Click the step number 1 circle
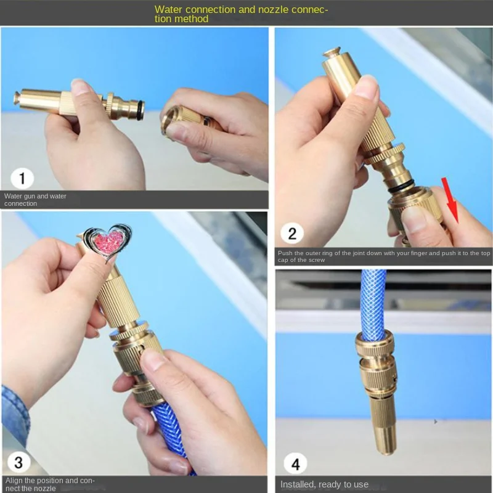(x=22, y=178)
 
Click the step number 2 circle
(x=291, y=234)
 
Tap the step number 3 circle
(x=18, y=462)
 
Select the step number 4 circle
(x=296, y=463)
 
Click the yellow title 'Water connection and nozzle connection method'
(x=241, y=14)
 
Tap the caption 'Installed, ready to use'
(x=324, y=484)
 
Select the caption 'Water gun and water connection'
(x=35, y=200)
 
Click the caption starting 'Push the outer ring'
(x=384, y=256)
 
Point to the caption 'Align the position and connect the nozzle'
(x=50, y=484)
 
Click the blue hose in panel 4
(x=374, y=304)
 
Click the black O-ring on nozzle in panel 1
(x=141, y=110)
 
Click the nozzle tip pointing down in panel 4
(x=386, y=439)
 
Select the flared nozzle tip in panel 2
(x=331, y=52)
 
